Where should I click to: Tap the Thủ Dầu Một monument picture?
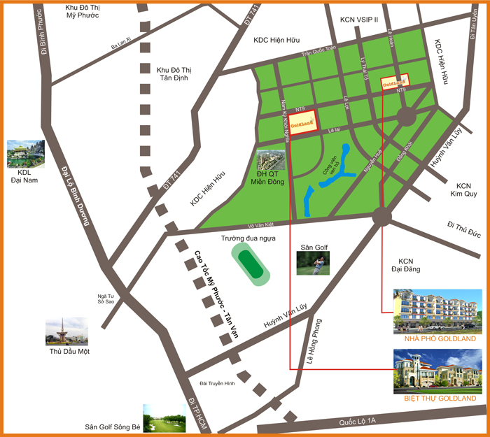(66, 331)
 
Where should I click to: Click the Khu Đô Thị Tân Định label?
(174, 75)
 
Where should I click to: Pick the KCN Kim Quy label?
(463, 191)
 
